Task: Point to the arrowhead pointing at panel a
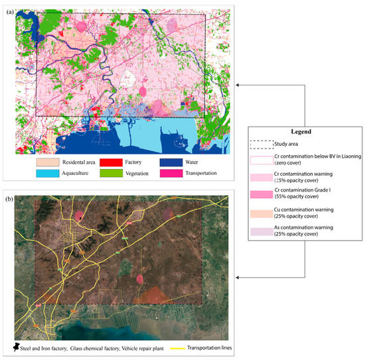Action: (x=239, y=84)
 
